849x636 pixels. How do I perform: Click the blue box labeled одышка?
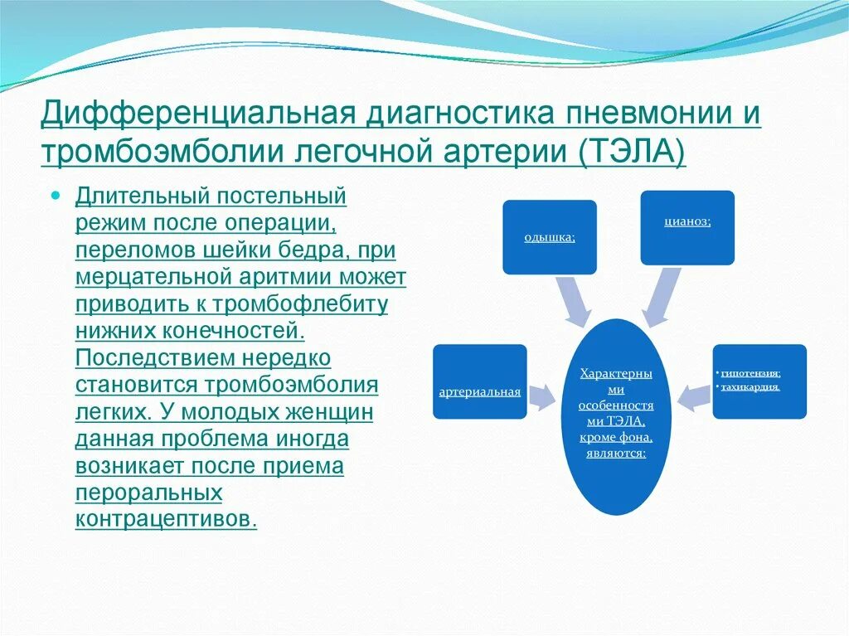549,237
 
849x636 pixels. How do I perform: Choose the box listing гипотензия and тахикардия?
759,381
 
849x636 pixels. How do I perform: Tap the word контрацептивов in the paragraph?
166,518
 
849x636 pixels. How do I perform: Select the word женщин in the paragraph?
325,412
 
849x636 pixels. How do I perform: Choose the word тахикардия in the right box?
750,386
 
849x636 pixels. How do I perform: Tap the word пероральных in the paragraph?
149,493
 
